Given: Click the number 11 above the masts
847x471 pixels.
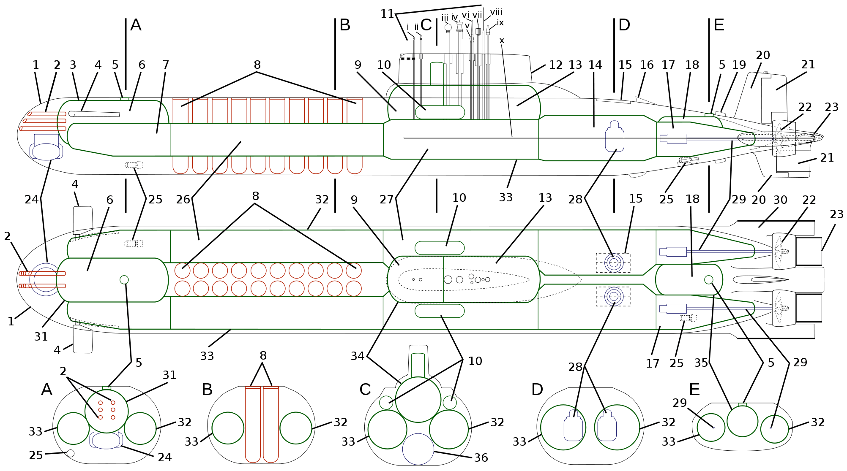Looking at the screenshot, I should coord(387,14).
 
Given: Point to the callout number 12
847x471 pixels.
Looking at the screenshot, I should coord(555,65).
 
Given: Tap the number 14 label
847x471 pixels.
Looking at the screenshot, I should coord(595,65).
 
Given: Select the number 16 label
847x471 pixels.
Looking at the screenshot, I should coord(647,65).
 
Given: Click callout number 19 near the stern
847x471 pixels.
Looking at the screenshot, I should coord(739,65).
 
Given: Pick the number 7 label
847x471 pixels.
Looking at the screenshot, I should coord(166,65).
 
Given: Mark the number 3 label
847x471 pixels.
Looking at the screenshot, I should coord(73,65).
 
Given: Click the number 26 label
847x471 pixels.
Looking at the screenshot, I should coord(183,200).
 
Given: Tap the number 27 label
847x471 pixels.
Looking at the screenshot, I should coord(386,200).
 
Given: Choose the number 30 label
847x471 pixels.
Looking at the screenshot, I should coord(780,200).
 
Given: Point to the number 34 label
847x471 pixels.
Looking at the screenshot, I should coord(358,356).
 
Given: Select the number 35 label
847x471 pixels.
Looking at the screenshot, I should coord(701,363).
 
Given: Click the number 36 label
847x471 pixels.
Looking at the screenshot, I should coord(481,457).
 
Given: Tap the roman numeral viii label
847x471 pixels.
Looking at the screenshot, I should coord(496,12).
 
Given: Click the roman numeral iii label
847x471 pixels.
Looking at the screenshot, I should coord(445,18).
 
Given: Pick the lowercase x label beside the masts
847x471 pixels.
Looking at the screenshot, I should coord(502,41).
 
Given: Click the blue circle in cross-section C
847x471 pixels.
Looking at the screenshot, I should coord(418,449).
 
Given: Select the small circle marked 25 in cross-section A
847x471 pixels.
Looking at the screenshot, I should coord(71,453).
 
